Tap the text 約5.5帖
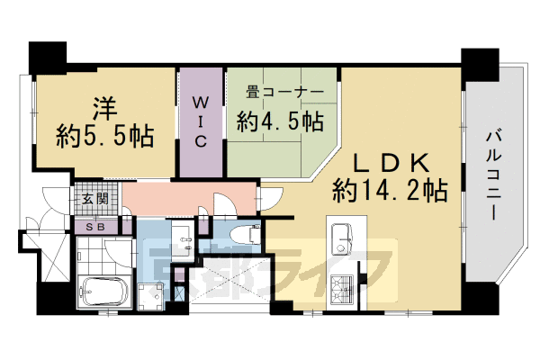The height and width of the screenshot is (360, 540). coord(103,136)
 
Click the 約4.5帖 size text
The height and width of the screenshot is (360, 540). coord(280,119)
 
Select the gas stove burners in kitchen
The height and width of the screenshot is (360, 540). coord(343,289)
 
